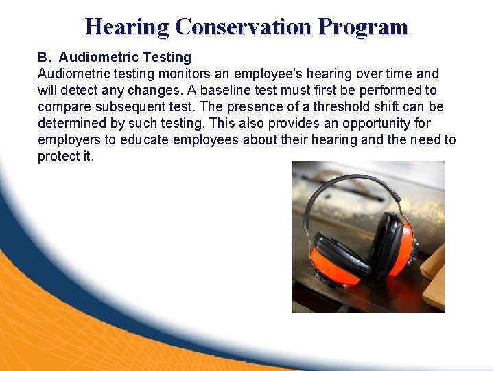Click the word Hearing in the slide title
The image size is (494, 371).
[127, 27]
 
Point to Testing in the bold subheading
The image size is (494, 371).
[167, 57]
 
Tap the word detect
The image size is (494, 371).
[80, 90]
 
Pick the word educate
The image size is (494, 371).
[144, 140]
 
